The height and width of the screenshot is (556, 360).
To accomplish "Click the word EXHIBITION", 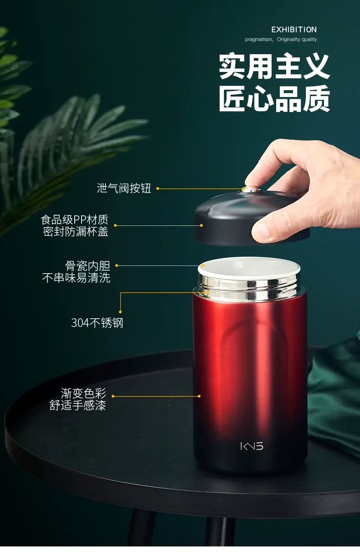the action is coord(294,30).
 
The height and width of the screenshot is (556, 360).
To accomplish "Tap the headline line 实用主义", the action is coord(274,66).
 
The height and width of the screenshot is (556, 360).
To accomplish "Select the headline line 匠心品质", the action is coord(274,98).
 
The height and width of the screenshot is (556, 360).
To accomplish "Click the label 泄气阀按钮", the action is coord(124,188).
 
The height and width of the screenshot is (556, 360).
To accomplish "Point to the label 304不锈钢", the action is coord(97,323).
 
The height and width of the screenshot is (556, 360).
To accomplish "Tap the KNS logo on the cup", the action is coord(252,446).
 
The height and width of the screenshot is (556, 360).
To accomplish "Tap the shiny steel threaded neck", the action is coord(249,289).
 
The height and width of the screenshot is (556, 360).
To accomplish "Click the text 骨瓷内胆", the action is coord(87,266).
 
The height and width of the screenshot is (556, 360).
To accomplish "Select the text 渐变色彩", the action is coord(83,393).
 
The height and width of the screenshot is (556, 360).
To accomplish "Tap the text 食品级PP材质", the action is coord(75,220).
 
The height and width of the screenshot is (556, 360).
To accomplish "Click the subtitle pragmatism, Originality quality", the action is coord(281,40).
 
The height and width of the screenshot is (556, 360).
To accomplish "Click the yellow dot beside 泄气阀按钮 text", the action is coord(158,189).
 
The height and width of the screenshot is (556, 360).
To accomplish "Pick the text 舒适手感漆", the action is coord(78,405).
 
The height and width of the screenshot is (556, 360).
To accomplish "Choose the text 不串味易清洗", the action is coord(76,278).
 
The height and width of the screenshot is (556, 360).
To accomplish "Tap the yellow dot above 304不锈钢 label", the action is coord(120,312).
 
